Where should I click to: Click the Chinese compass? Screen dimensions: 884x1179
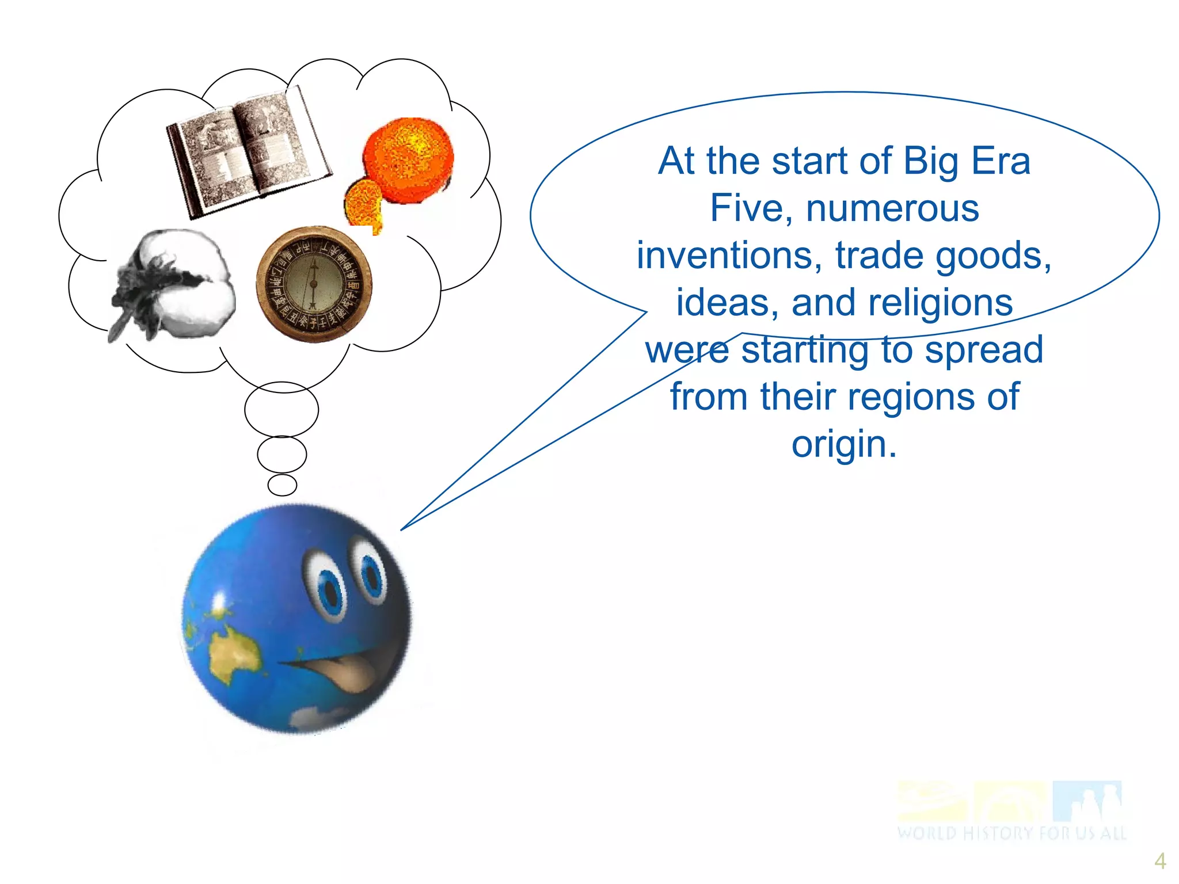(x=314, y=284)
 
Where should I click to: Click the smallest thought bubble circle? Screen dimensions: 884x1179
(x=282, y=485)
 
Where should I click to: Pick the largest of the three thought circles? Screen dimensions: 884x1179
(x=282, y=409)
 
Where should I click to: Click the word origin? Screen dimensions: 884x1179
(x=844, y=444)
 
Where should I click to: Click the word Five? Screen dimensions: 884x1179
(x=751, y=208)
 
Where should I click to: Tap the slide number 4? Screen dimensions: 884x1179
(x=1160, y=861)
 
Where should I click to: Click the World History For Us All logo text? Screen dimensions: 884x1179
(x=1011, y=833)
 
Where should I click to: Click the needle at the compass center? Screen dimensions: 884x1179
(x=314, y=283)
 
